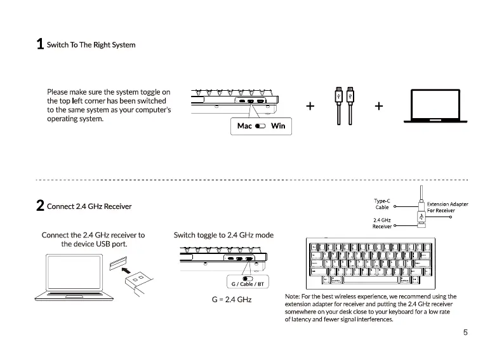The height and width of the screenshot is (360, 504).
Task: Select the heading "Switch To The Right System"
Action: pos(91,45)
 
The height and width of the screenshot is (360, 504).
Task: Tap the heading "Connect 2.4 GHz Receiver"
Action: pos(90,206)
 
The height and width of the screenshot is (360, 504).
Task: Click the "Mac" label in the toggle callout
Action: pos(244,126)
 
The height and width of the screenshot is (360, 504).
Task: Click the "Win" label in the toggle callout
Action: pos(278,126)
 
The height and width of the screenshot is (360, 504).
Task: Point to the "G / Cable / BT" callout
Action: pos(248,283)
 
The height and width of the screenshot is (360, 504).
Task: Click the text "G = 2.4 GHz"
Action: pos(231,298)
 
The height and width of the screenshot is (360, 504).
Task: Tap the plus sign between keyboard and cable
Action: pos(310,105)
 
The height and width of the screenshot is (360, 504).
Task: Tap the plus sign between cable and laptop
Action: pos(378,105)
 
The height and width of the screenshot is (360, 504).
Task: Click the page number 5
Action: pos(465,332)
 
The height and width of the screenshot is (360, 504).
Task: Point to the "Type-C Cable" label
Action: pos(382,204)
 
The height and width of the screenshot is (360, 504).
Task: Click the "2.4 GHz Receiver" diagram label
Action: pos(382,223)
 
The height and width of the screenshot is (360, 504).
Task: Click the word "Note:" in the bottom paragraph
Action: pos(293,297)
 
